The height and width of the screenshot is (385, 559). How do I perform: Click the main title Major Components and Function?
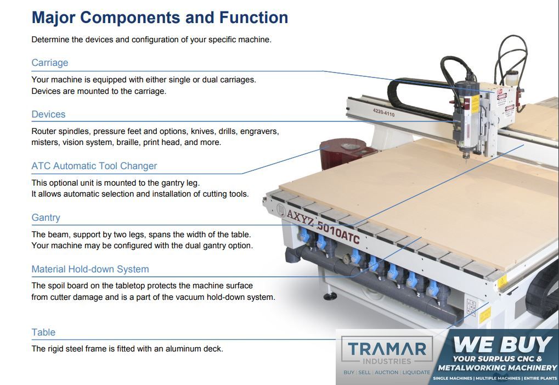point(160,18)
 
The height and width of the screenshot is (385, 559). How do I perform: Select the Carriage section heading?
point(49,63)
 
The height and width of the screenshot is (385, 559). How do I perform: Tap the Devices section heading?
point(48,114)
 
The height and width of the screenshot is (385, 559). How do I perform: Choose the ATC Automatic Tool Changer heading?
point(94,166)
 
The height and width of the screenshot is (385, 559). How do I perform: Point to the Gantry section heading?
point(46,217)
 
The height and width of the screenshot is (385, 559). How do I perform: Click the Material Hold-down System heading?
point(90,269)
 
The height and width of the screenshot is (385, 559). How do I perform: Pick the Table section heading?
point(43,332)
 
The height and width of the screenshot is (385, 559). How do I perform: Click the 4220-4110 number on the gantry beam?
point(383,113)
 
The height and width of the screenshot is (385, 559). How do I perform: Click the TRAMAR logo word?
point(387,349)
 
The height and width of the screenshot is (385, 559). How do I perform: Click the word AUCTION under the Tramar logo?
point(386,372)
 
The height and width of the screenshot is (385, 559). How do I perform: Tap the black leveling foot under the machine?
point(330,295)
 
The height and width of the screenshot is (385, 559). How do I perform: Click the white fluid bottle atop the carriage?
point(512,78)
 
